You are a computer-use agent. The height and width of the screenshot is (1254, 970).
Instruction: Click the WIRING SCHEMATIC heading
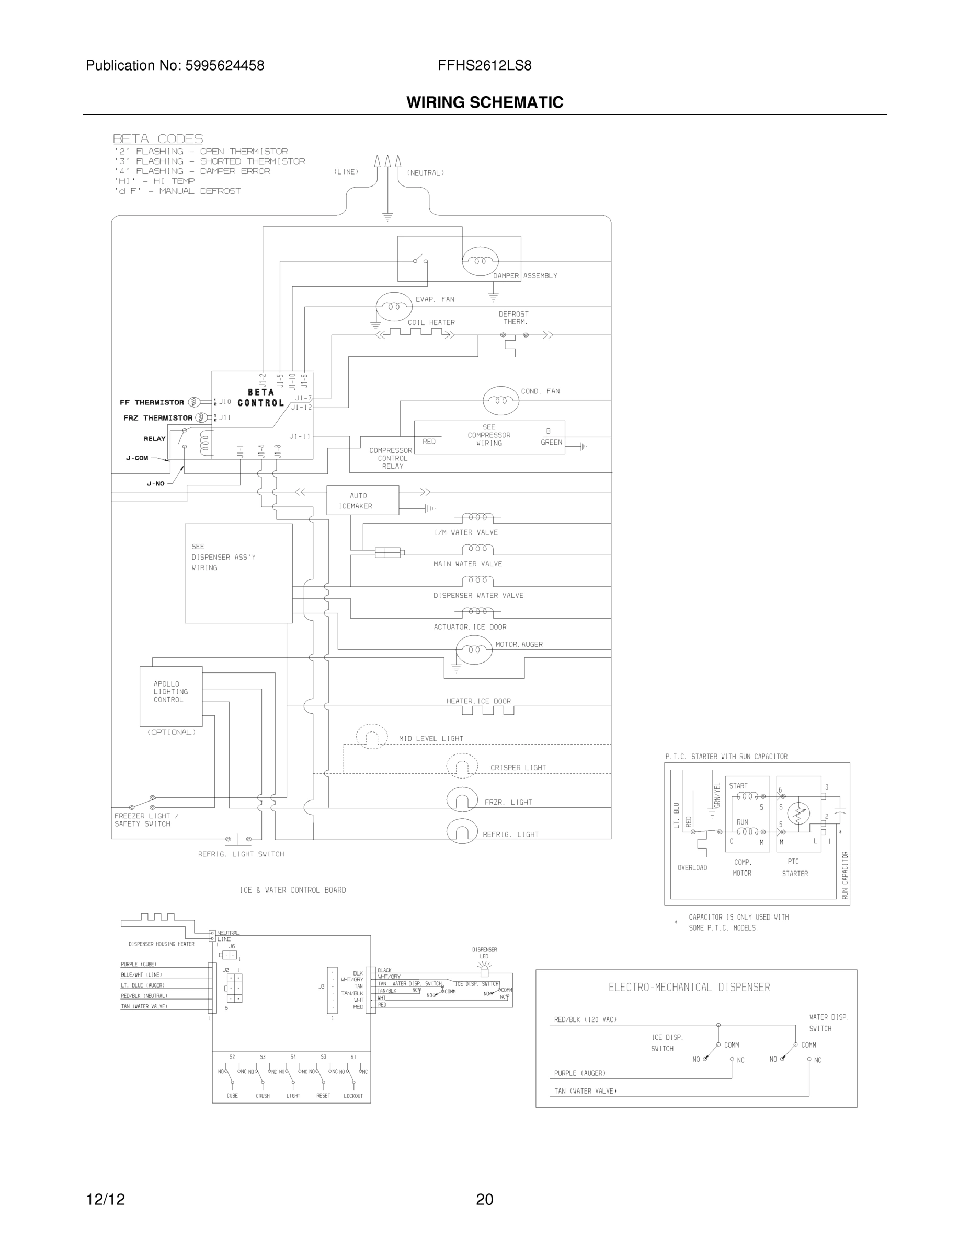(484, 102)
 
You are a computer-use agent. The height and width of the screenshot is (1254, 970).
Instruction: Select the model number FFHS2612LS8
(484, 65)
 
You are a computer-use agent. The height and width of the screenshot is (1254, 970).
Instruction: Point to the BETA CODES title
(157, 139)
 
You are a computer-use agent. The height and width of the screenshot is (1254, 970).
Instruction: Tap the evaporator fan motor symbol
(394, 307)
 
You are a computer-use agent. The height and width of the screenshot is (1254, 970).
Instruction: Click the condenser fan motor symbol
(500, 400)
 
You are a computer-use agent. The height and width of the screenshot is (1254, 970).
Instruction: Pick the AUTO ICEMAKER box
(362, 500)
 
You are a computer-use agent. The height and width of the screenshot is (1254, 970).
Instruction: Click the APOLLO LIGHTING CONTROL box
(170, 696)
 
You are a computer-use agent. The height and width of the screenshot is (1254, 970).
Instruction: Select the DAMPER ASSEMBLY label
(524, 275)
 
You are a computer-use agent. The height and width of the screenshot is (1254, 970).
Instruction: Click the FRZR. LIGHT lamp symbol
(462, 800)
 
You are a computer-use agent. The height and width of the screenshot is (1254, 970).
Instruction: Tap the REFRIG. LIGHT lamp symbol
(462, 831)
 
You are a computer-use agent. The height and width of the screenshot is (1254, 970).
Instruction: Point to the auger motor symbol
(474, 649)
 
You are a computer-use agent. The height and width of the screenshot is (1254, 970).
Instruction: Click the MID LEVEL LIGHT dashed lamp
(372, 737)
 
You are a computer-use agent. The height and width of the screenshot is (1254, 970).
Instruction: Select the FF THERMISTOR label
(152, 402)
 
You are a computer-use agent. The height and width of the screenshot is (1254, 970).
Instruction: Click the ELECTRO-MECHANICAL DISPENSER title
(689, 987)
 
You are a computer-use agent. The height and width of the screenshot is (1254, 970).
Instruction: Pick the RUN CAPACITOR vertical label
(845, 875)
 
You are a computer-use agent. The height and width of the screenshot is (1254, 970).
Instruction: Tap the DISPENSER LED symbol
(484, 971)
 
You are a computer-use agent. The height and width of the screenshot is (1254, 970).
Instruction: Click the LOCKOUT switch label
(353, 1096)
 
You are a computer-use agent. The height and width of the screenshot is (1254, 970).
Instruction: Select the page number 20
(484, 1200)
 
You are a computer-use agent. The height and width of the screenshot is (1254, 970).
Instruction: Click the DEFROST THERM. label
(513, 318)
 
